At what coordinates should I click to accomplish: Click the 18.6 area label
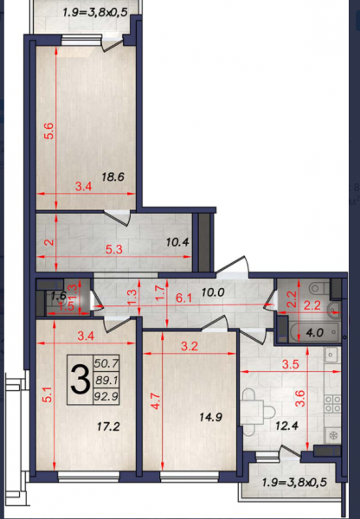pyautogui.click(x=112, y=176)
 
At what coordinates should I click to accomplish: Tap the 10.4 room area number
pyautogui.click(x=177, y=242)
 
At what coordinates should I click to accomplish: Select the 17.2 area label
pyautogui.click(x=108, y=426)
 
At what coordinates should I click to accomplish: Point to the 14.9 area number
pyautogui.click(x=210, y=417)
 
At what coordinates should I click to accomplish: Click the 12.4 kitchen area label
pyautogui.click(x=286, y=426)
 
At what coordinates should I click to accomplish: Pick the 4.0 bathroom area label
pyautogui.click(x=315, y=332)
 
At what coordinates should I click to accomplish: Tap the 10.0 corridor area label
pyautogui.click(x=213, y=292)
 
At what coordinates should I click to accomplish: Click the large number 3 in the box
pyautogui.click(x=80, y=380)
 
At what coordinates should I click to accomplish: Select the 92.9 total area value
pyautogui.click(x=106, y=396)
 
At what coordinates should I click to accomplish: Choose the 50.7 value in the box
pyautogui.click(x=106, y=363)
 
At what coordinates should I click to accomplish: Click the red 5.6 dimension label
pyautogui.click(x=49, y=131)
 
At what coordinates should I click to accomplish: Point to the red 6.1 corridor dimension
pyautogui.click(x=183, y=298)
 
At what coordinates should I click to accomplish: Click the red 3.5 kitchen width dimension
pyautogui.click(x=291, y=364)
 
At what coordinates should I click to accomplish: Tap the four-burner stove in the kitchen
pyautogui.click(x=332, y=404)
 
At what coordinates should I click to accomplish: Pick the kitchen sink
pyautogui.click(x=331, y=356)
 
